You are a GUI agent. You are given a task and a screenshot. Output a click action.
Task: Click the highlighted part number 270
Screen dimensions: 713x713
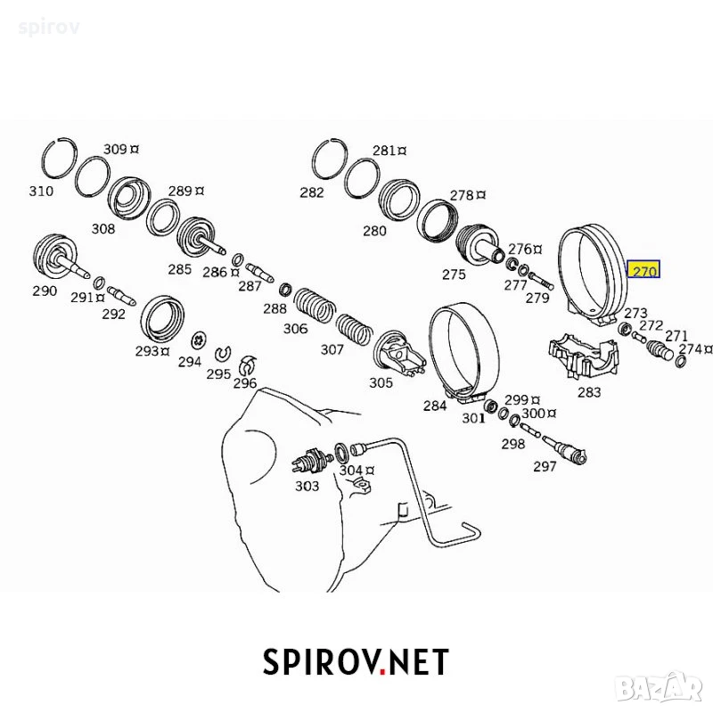(x=643, y=271)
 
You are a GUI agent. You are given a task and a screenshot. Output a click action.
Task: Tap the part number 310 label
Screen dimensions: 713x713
(x=41, y=191)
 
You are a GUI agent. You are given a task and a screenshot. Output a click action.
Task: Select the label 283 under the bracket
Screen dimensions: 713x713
(x=589, y=392)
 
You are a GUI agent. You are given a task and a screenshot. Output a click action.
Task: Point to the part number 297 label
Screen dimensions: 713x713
(x=545, y=466)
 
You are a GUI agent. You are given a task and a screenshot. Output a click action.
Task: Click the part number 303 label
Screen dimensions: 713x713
(x=307, y=486)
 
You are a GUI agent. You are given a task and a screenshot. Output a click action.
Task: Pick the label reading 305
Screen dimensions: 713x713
(x=381, y=383)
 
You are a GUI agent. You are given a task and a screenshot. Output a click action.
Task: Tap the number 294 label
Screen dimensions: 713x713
(x=189, y=362)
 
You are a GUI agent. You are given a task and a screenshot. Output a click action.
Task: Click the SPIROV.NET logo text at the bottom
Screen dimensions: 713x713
(x=356, y=662)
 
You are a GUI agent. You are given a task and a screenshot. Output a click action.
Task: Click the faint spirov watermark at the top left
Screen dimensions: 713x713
(x=49, y=28)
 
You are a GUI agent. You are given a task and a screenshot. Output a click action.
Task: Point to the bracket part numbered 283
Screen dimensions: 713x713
(x=584, y=356)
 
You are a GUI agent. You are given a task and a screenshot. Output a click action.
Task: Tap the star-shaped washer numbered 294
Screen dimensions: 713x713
(x=199, y=340)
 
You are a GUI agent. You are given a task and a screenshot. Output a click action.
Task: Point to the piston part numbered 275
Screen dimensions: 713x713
(x=479, y=246)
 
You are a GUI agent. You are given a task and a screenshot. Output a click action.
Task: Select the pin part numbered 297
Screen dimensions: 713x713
(x=564, y=448)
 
